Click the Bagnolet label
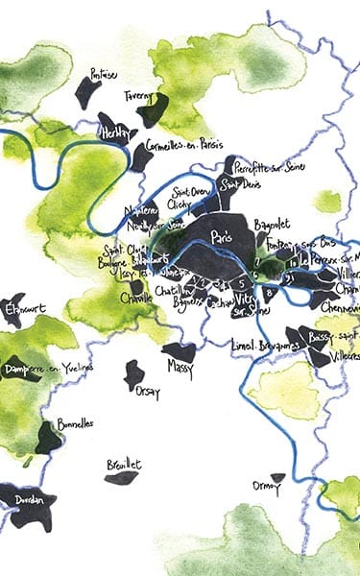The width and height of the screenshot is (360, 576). [x=273, y=225]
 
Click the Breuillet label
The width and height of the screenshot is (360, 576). [x=124, y=464]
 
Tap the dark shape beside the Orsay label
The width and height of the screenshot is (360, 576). [x=134, y=375]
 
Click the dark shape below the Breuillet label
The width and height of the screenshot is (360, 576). [x=122, y=477]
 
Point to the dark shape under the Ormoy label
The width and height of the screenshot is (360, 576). [x=278, y=477]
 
